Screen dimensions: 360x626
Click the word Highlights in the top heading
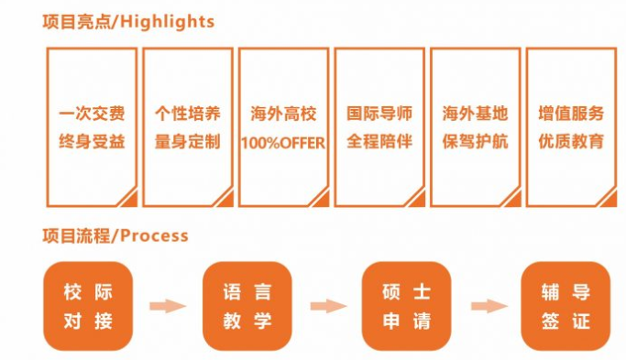click(165, 21)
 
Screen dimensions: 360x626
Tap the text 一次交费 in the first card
click(92, 115)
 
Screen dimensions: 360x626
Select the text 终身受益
click(92, 142)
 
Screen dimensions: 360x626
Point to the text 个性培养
click(187, 115)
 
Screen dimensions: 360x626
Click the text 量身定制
click(187, 142)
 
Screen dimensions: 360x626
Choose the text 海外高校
click(283, 115)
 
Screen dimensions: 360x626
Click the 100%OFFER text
click(283, 143)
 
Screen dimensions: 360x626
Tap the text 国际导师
click(379, 115)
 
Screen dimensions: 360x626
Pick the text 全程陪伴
click(379, 142)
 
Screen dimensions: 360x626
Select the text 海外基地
click(475, 115)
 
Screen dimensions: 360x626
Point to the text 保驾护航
click(475, 142)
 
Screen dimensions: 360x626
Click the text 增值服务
click(571, 115)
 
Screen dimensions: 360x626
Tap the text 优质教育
click(571, 142)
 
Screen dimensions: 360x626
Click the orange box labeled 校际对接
click(88, 306)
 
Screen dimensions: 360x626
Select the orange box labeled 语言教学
click(247, 306)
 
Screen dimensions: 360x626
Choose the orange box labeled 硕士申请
click(406, 306)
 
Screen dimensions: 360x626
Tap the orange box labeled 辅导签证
click(566, 306)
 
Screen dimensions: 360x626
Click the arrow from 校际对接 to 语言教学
click(168, 306)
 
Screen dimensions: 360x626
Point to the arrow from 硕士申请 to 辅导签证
click(487, 306)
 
